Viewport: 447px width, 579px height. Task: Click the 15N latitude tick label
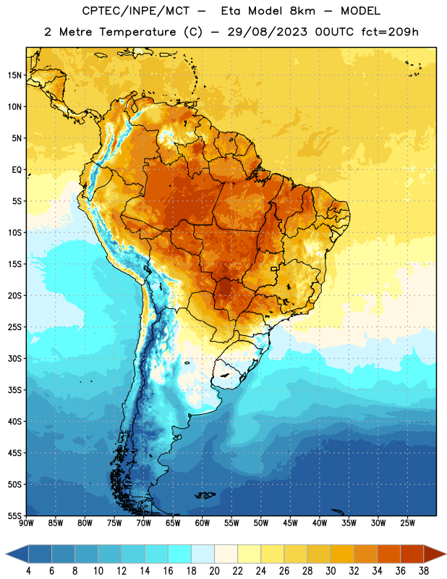click(14, 75)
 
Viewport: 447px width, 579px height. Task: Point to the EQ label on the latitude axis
click(17, 170)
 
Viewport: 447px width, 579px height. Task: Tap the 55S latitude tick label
click(14, 516)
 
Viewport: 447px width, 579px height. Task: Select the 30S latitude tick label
click(14, 358)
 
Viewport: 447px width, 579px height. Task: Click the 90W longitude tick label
click(26, 523)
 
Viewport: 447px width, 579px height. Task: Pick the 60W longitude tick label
click(203, 523)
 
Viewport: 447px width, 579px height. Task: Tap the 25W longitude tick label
click(407, 523)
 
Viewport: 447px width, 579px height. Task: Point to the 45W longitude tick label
click(290, 523)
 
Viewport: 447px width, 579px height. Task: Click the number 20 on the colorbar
click(214, 571)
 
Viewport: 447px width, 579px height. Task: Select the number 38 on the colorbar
click(424, 571)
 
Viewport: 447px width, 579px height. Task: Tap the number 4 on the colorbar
click(28, 571)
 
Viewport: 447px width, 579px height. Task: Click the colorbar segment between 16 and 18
click(180, 554)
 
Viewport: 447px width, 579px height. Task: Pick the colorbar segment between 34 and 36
click(389, 554)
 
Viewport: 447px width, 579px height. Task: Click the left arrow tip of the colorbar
click(6, 554)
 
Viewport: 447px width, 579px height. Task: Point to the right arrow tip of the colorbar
click(446, 554)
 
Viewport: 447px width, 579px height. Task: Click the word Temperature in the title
click(137, 32)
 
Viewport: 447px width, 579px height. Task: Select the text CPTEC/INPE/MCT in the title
click(136, 11)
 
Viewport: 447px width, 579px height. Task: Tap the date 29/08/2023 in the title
click(267, 32)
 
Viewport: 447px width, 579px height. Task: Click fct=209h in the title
click(390, 32)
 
